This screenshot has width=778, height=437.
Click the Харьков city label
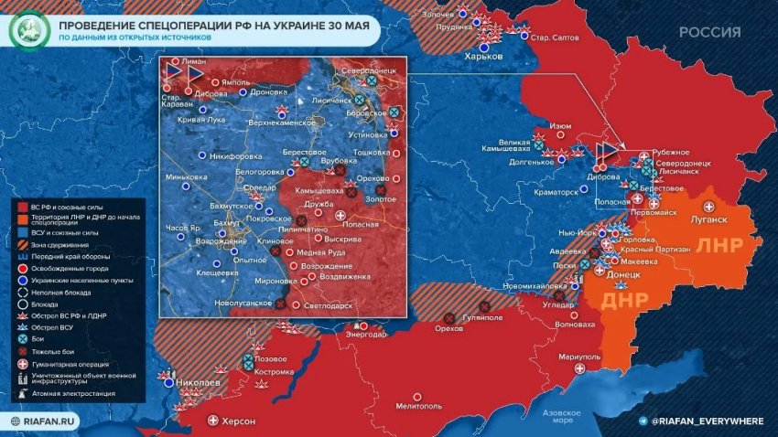pyautogui.click(x=484, y=56)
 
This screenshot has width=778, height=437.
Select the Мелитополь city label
pyautogui.click(x=419, y=404)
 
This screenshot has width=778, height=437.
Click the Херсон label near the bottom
pyautogui.click(x=237, y=421)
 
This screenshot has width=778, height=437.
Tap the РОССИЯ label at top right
pyautogui.click(x=709, y=32)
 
